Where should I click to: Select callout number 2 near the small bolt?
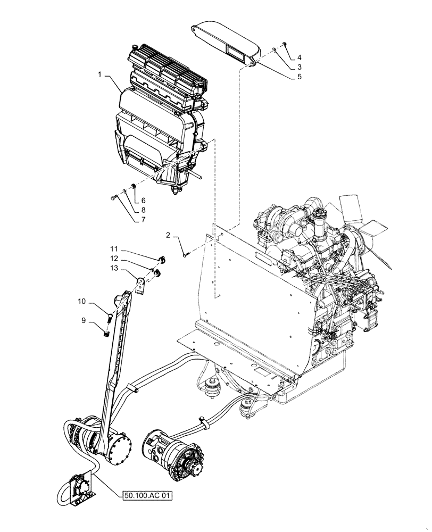(169, 235)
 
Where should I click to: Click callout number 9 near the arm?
(84, 321)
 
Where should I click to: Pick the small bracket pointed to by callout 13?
(140, 285)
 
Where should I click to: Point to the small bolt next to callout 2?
(185, 254)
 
